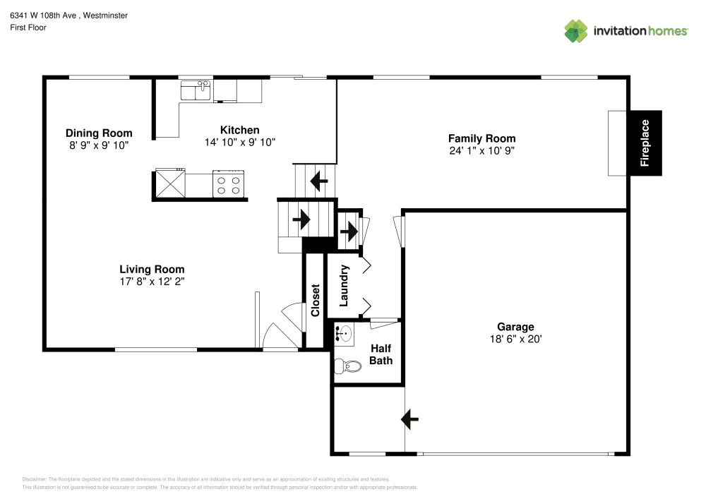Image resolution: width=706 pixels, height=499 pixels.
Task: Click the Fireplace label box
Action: coord(645,143)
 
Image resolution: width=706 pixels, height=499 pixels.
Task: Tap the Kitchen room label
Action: coord(240,130)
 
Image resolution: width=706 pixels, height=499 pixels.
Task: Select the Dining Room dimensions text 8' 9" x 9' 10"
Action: coord(99,145)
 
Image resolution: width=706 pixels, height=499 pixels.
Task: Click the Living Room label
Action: coord(152,269)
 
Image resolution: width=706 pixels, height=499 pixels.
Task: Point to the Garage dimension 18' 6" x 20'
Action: coord(515,339)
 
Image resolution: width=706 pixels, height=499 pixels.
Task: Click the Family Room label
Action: coord(482,138)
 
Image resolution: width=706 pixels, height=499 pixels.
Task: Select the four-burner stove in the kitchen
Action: coord(228,184)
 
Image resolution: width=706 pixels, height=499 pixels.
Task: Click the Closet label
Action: coord(316,300)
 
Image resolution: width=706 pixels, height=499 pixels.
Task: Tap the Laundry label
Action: coord(345,286)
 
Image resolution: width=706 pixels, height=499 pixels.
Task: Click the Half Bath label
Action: coord(381,354)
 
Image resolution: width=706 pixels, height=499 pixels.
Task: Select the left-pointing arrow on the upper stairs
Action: coord(318,182)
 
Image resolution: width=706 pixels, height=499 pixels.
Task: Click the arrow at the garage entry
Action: coord(409,419)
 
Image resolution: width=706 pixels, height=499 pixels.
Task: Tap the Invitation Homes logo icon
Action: coord(575,30)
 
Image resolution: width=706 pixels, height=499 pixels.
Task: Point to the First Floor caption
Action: coord(28,28)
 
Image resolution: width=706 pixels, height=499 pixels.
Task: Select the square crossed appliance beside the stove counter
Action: coord(170,184)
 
